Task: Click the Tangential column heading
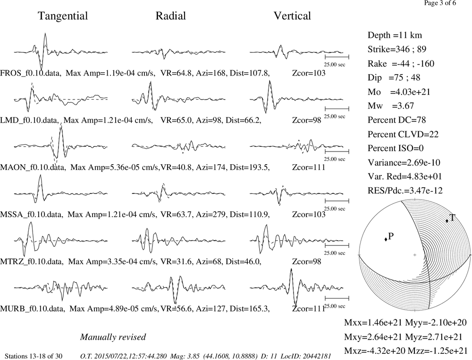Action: [x=63, y=16]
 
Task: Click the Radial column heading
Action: [x=171, y=16]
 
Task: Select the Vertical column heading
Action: [x=292, y=16]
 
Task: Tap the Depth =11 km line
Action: [x=395, y=35]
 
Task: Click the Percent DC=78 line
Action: [x=397, y=120]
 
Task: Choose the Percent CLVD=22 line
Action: [x=403, y=134]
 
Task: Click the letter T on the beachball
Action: [x=452, y=218]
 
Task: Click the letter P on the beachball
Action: [x=391, y=236]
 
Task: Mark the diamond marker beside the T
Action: [x=447, y=221]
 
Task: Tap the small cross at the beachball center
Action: [x=415, y=255]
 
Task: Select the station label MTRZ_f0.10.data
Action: [x=32, y=261]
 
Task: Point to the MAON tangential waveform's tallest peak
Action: [x=61, y=127]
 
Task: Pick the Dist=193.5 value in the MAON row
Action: [x=250, y=167]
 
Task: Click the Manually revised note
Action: [x=113, y=337]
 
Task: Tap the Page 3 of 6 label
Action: [x=440, y=3]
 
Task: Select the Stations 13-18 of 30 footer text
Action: [x=34, y=356]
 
